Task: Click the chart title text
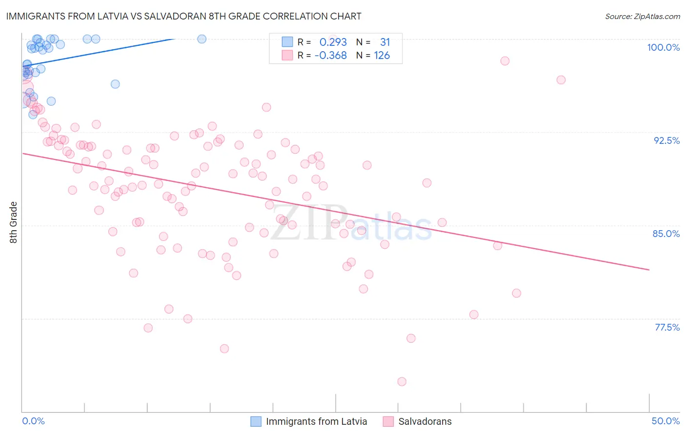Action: coord(183,16)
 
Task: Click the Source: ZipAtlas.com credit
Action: coord(642,17)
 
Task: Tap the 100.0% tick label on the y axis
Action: coord(663,47)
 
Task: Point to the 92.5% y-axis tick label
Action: coord(666,140)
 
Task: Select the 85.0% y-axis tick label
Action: coord(666,234)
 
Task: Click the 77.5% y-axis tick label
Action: coord(667,327)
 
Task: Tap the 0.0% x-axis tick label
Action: coord(33,421)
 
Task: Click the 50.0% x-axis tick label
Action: coord(666,421)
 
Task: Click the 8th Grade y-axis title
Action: coord(14,222)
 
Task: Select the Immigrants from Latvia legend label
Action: coord(316,421)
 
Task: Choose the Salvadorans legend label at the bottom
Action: coord(425,421)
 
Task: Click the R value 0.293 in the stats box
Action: coord(333,42)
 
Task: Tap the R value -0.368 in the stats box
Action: coord(330,56)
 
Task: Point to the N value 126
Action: coord(382,56)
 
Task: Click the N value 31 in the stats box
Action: coord(385,42)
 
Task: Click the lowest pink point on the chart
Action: coord(402,381)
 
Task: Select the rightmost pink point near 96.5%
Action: coord(561,80)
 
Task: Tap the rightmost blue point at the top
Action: coord(202,39)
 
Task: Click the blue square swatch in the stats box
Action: coord(287,42)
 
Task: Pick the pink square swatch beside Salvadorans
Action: coord(388,421)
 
